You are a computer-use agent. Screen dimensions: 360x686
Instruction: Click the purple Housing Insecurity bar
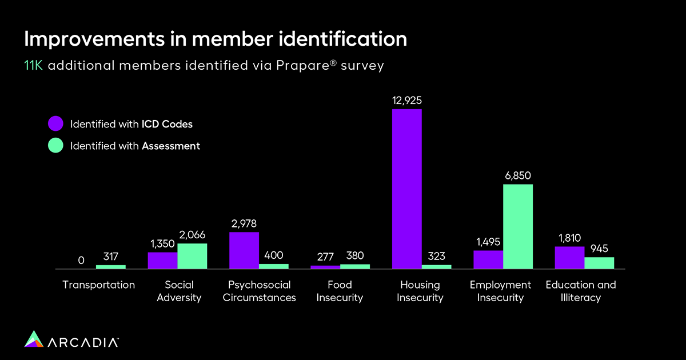406,189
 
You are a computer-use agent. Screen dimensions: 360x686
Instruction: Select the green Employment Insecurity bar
518,226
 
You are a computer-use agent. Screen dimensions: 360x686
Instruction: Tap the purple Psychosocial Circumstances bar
244,250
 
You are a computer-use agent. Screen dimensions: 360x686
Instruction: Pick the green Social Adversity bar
192,256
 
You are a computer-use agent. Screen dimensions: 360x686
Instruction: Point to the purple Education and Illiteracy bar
569,258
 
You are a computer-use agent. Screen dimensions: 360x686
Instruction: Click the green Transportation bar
111,266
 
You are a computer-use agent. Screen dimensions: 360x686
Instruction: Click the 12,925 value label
407,101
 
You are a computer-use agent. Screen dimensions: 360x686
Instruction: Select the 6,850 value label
518,176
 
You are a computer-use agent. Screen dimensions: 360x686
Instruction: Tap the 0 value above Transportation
81,261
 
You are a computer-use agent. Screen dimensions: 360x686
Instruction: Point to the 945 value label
599,249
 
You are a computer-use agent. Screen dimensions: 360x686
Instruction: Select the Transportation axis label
99,285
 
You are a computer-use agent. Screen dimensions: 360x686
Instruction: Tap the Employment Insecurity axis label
500,291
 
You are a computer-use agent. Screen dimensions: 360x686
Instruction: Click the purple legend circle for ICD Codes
55,123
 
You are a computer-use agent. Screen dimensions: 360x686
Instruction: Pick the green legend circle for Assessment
55,146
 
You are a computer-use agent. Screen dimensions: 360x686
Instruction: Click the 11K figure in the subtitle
34,66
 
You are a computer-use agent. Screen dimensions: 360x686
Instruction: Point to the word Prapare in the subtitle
308,66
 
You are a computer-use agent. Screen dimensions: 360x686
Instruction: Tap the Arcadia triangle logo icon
34,338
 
